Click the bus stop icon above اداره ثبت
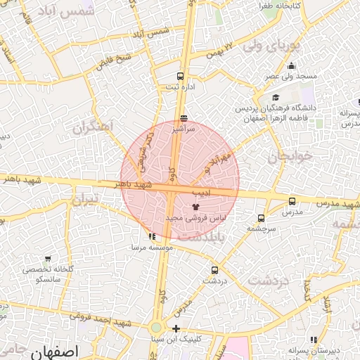coord(181,76)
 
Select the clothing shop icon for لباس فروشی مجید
coord(195,206)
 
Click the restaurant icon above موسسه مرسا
coord(153,236)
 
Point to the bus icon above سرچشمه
coord(262,218)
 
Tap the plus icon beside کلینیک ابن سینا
coord(176,328)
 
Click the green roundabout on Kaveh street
coord(156,328)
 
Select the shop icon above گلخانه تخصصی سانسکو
coord(47,258)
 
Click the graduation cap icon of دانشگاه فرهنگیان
coord(276,98)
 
